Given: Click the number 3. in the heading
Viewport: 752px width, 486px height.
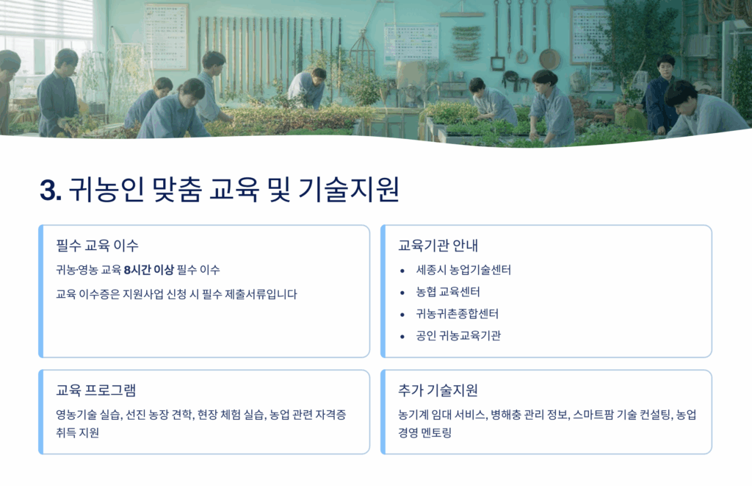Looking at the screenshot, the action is [51, 190].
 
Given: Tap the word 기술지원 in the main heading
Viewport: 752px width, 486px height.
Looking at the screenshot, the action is [349, 190].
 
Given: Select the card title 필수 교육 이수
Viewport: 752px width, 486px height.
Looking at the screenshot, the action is [98, 246].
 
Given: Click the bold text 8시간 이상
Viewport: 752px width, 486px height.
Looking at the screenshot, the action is [148, 270].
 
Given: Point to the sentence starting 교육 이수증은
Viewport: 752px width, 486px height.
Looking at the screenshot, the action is [176, 294].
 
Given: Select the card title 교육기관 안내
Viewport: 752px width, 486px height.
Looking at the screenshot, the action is [438, 246].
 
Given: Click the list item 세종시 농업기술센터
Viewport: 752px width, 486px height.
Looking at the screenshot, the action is [463, 270].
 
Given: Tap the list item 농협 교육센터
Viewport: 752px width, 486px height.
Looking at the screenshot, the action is [448, 292].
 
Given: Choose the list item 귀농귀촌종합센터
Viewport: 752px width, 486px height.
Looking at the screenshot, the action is [457, 314].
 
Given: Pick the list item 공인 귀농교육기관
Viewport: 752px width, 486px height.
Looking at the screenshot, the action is [458, 336].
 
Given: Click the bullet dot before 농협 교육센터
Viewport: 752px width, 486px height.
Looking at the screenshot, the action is [402, 293].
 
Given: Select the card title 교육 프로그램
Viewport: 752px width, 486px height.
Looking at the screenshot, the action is [96, 390].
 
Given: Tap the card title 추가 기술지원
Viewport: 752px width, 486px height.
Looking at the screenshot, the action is [438, 390].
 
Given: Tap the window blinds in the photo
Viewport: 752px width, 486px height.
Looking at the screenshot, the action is [46, 19].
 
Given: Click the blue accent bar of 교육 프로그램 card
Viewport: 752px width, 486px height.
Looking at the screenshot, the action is [41, 412].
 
